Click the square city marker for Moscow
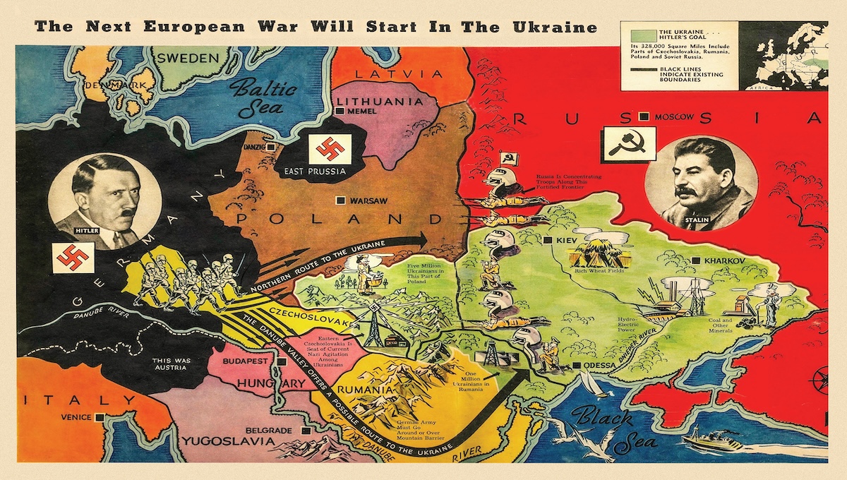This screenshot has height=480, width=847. click(643, 116)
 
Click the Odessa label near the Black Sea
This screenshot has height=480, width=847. click(596, 366)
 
